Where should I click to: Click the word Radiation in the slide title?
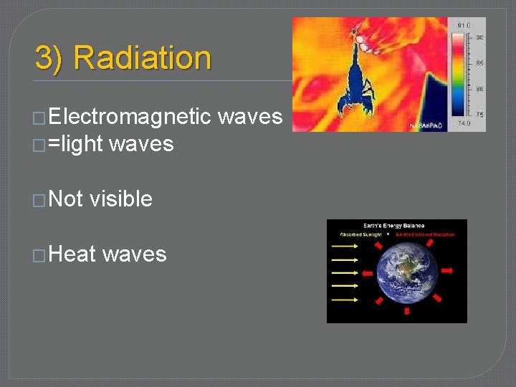pos(142,58)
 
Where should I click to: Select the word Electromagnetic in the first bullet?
pos(130,116)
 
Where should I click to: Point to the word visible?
pos(121,199)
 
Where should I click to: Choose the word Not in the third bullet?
pos(67,199)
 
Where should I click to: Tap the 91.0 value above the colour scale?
pos(464,26)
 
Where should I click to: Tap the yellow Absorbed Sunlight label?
pos(362,234)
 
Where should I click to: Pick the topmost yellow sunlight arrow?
pos(344,244)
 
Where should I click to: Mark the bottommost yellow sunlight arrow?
pos(344,305)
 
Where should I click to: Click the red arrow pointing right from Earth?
pos(448,271)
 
